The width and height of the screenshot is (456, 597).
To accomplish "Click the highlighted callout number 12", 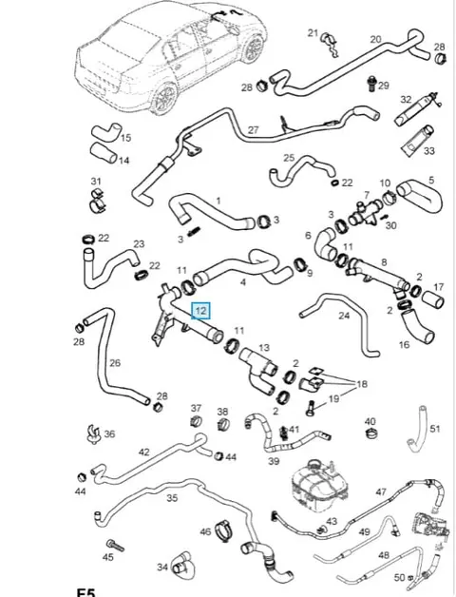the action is [x=200, y=311].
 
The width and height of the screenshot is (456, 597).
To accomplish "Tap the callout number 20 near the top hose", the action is [x=375, y=39].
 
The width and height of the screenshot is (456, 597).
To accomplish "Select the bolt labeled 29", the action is [x=371, y=85].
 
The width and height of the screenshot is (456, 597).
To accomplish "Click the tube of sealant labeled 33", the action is [x=418, y=141].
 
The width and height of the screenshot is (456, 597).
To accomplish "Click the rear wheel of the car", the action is [x=165, y=98].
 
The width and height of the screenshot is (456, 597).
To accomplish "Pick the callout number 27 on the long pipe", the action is [x=254, y=130].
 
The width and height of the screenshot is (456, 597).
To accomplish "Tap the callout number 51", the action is [x=435, y=429].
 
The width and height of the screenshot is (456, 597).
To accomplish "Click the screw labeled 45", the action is [x=115, y=546].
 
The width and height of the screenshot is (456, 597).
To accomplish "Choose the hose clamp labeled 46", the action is [x=225, y=530].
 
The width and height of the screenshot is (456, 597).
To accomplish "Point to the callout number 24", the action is [x=344, y=316].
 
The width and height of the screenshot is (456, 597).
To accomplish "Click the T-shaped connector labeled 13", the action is [x=257, y=370].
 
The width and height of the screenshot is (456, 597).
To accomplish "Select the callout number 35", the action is [x=172, y=497].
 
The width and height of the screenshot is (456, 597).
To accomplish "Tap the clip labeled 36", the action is [x=93, y=433].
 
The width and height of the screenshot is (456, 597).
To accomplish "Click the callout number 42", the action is [x=143, y=452].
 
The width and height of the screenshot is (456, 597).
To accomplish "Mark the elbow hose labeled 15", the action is [x=105, y=132].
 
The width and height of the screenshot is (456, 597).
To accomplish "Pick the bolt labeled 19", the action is [x=310, y=408].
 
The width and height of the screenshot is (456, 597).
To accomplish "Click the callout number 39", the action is [x=274, y=461].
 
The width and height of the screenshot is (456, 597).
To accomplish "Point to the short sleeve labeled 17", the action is [x=433, y=300].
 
